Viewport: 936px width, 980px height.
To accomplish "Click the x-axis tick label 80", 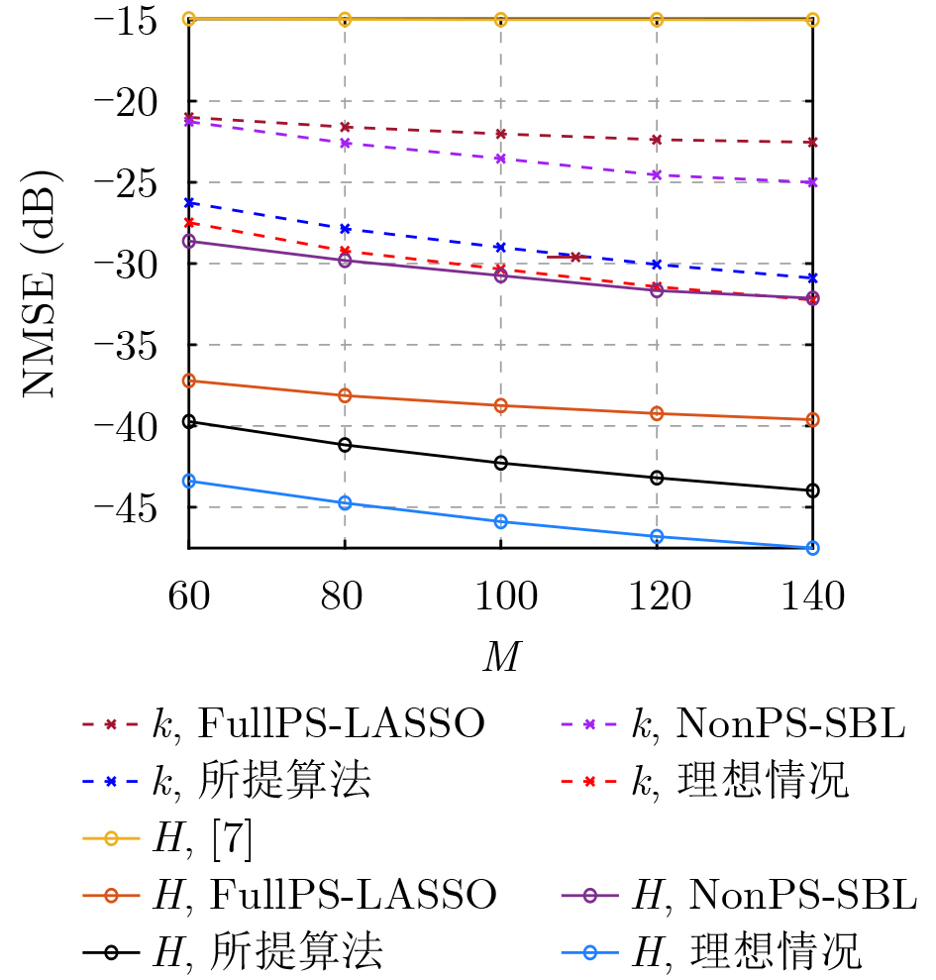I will click(344, 598).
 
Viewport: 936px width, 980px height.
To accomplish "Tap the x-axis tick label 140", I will click(811, 598).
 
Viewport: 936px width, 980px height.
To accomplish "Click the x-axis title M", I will click(500, 656).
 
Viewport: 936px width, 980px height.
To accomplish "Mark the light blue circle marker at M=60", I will click(188, 481).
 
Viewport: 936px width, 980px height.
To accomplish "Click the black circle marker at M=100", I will click(500, 463).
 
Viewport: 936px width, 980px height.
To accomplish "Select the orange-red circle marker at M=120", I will click(656, 413).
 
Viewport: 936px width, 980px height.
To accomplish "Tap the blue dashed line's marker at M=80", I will click(345, 229).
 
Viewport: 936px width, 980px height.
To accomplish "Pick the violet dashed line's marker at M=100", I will click(500, 159).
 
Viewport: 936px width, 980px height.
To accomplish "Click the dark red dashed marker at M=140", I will click(812, 143).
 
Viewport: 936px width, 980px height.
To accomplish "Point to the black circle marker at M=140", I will click(812, 490).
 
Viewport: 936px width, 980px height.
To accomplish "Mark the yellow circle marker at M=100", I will click(500, 20).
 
